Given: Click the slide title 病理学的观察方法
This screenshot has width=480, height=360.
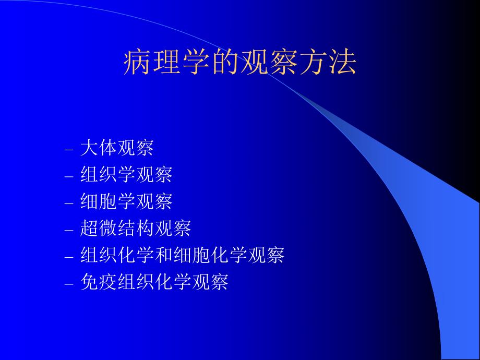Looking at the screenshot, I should pyautogui.click(x=240, y=64).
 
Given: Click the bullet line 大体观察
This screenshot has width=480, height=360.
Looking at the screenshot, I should pyautogui.click(x=117, y=148).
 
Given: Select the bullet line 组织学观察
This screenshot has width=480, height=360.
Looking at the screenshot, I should pyautogui.click(x=126, y=175).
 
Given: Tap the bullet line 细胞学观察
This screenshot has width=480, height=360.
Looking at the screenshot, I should pyautogui.click(x=126, y=201).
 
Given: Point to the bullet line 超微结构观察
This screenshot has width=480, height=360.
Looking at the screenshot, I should pyautogui.click(x=136, y=229).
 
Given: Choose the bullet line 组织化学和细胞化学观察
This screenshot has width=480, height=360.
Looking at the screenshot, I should pyautogui.click(x=182, y=256).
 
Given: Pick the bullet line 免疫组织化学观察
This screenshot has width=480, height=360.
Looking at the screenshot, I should pyautogui.click(x=154, y=283).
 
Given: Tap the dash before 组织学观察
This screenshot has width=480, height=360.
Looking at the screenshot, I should pyautogui.click(x=69, y=177).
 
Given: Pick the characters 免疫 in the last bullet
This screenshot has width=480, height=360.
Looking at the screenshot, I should pyautogui.click(x=99, y=283).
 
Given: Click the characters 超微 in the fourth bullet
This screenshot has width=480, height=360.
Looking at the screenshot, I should pyautogui.click(x=99, y=229).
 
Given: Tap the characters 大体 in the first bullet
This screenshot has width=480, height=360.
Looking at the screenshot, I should pyautogui.click(x=99, y=148).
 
